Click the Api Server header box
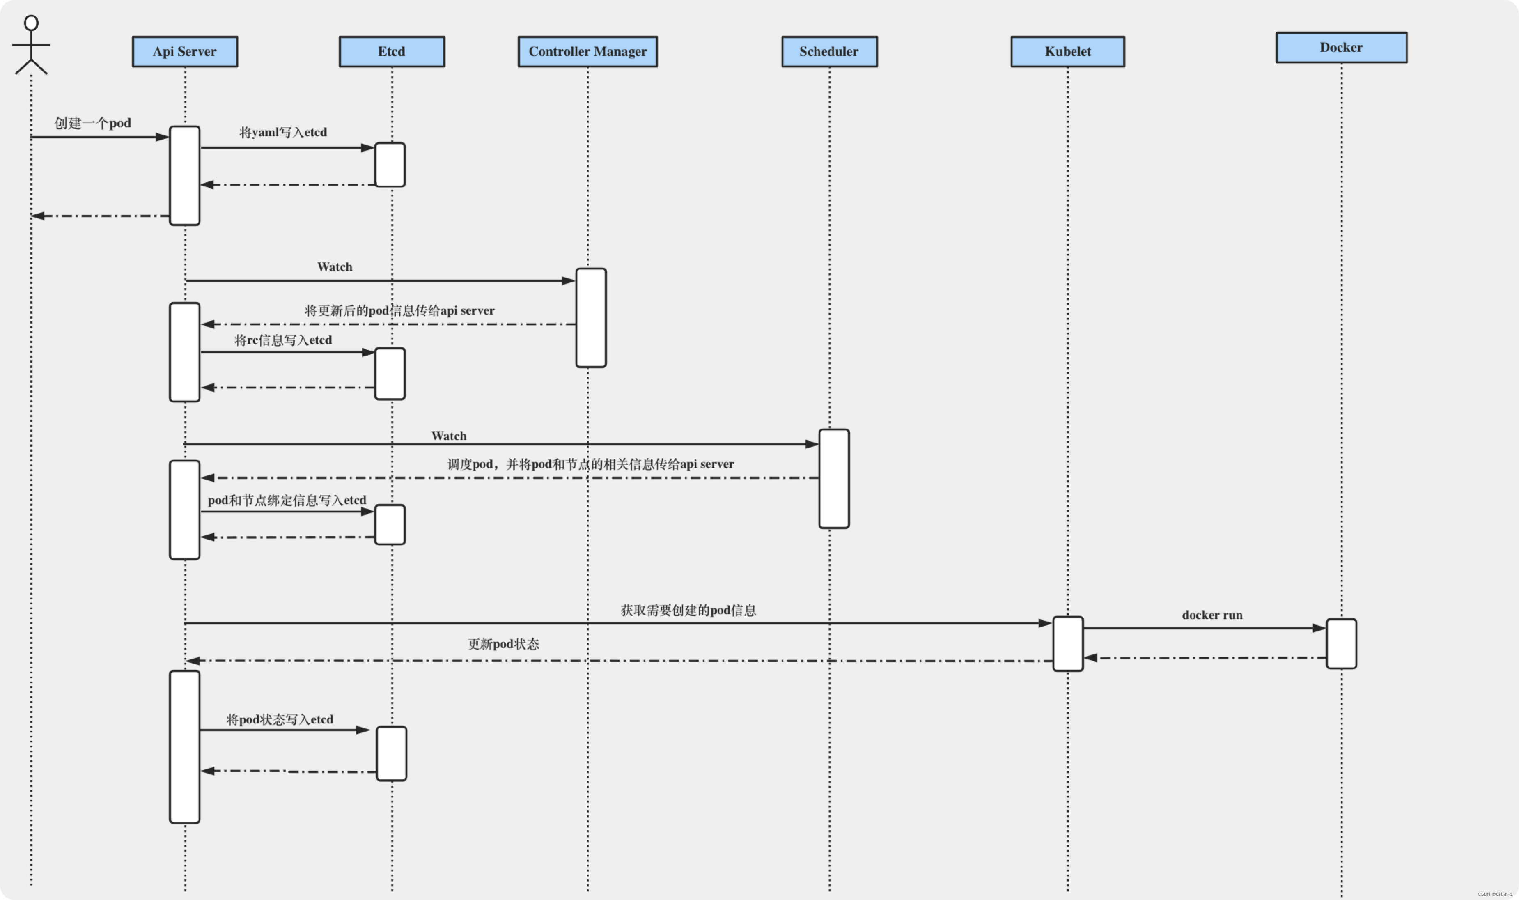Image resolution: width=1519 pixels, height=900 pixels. point(185,52)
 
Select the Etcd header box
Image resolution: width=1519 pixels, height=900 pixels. point(392,52)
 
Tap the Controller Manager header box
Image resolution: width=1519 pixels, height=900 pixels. point(587,52)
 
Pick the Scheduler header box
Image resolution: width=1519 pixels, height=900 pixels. point(829,52)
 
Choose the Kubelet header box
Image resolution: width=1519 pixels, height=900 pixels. point(1067,52)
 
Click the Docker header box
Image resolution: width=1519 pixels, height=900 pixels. point(1341,47)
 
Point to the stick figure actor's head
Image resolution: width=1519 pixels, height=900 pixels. point(31,23)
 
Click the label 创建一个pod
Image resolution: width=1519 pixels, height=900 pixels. point(93,123)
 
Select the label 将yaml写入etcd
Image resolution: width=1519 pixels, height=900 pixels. point(283,132)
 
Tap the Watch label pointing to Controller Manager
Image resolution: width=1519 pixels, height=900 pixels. point(335,267)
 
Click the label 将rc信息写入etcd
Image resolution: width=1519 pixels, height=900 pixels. point(283,340)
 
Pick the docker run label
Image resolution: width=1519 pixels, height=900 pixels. point(1212,615)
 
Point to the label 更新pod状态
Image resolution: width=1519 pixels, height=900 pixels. point(503,644)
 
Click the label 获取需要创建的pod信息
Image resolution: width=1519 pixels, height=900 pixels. point(688,610)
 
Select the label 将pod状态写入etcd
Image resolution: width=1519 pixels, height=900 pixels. point(280,720)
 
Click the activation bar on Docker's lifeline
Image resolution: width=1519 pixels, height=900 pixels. point(1341,643)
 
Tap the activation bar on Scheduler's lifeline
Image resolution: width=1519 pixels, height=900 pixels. point(834,478)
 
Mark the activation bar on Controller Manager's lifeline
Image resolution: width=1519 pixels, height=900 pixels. point(591,318)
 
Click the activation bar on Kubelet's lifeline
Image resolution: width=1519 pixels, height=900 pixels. point(1068,643)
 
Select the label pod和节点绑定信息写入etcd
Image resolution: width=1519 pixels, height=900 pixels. point(287,501)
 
